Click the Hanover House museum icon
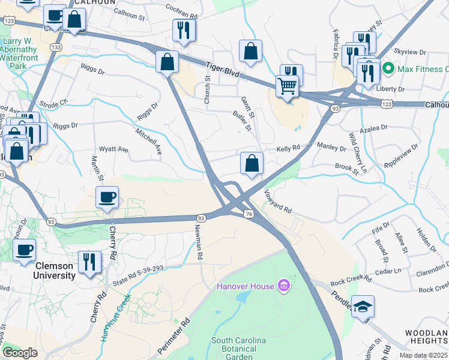pyautogui.click(x=283, y=286)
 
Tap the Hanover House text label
pyautogui.click(x=245, y=286)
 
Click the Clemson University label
pyautogui.click(x=46, y=271)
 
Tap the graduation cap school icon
pyautogui.click(x=363, y=307)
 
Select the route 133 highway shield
pyautogui.click(x=56, y=47)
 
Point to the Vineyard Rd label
pyautogui.click(x=279, y=202)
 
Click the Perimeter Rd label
pyautogui.click(x=173, y=335)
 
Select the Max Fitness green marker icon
pyautogui.click(x=388, y=68)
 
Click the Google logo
pyautogui.click(x=19, y=353)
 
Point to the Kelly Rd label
pyautogui.click(x=288, y=148)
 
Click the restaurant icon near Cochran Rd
pyautogui.click(x=184, y=31)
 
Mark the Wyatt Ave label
pyautogui.click(x=113, y=149)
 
